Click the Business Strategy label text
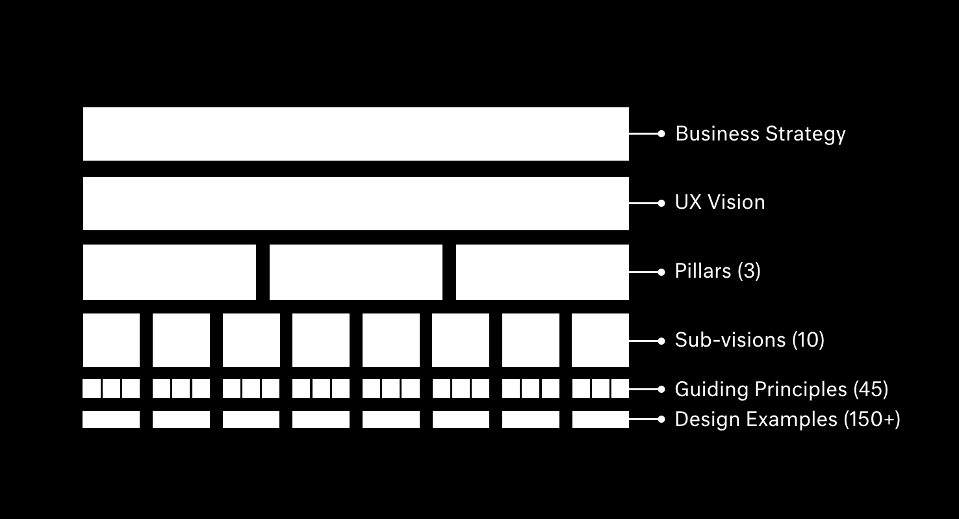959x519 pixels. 760,134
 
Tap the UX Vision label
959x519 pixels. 720,203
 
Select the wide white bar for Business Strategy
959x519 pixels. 355,134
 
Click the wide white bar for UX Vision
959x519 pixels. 355,204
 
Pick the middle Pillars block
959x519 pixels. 355,272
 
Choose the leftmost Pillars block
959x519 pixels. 170,272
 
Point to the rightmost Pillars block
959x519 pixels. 542,272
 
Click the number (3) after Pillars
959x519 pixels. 748,271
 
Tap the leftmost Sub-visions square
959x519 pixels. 111,340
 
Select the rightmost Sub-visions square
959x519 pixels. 600,340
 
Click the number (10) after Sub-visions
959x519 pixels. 808,340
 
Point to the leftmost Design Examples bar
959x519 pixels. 111,419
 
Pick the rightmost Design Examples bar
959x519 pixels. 600,419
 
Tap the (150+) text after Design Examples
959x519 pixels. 872,419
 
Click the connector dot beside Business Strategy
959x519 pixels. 661,133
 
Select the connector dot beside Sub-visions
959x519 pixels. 661,341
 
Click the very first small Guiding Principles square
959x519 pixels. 92,389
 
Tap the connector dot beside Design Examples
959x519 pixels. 661,419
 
